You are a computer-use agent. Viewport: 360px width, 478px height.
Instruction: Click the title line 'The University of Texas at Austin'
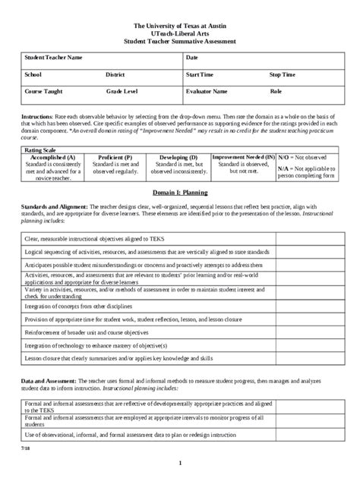(179, 25)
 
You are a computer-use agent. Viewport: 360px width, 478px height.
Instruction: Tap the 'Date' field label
(191, 58)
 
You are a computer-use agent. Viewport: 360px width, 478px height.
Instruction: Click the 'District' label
(115, 75)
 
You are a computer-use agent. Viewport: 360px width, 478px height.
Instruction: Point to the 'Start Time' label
(200, 75)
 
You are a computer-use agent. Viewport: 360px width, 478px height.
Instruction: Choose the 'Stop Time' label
(283, 75)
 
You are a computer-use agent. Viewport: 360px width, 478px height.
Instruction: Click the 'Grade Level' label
(122, 91)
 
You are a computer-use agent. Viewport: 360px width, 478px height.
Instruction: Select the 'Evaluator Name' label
(207, 91)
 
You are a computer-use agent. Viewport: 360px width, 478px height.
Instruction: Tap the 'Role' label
(276, 91)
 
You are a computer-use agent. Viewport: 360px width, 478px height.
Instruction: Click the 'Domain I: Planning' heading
(179, 193)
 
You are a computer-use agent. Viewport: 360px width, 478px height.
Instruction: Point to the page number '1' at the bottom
(180, 463)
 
